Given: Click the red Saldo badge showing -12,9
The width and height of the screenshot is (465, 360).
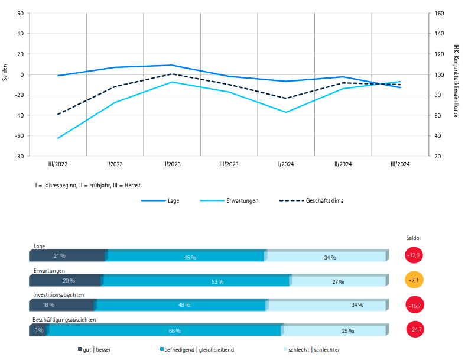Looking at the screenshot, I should click(414, 255).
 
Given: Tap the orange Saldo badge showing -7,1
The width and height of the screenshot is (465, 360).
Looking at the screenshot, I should click(414, 280).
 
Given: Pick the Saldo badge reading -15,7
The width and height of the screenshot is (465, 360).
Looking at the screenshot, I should click(414, 305).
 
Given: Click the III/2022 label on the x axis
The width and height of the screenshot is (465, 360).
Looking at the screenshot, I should click(58, 164).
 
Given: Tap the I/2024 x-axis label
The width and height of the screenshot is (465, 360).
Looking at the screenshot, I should click(286, 164).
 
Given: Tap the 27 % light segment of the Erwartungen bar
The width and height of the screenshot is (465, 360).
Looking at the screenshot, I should click(338, 281).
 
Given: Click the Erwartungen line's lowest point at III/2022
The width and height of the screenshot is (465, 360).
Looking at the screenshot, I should click(58, 138).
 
